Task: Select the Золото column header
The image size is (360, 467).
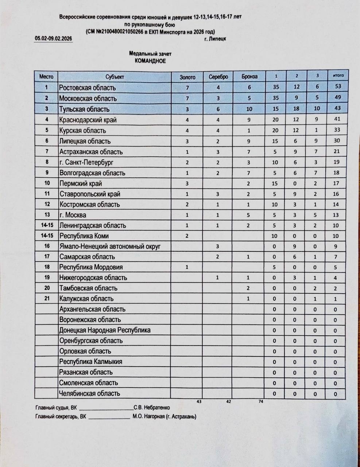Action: click(187, 77)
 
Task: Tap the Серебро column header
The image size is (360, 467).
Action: click(218, 77)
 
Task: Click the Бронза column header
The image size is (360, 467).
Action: click(249, 77)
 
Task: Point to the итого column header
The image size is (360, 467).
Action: click(338, 76)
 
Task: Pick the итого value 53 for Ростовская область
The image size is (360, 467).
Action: click(338, 86)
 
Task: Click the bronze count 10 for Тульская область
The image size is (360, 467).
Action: click(249, 109)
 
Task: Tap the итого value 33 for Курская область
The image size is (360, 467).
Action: click(337, 130)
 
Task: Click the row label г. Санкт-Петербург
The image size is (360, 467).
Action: click(86, 162)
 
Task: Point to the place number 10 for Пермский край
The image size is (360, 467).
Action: click(47, 183)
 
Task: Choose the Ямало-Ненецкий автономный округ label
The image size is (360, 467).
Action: click(110, 246)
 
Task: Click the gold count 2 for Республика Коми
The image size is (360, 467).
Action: click(187, 236)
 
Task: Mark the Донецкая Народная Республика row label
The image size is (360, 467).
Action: click(105, 330)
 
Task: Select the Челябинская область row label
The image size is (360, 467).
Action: click(89, 393)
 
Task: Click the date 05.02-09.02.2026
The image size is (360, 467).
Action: click(53, 38)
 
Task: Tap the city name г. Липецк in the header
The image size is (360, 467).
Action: click(215, 39)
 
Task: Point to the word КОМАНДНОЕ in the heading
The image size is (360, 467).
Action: click(150, 61)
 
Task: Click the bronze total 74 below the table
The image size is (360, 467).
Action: click(261, 401)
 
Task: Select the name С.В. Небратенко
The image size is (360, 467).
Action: click(152, 408)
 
